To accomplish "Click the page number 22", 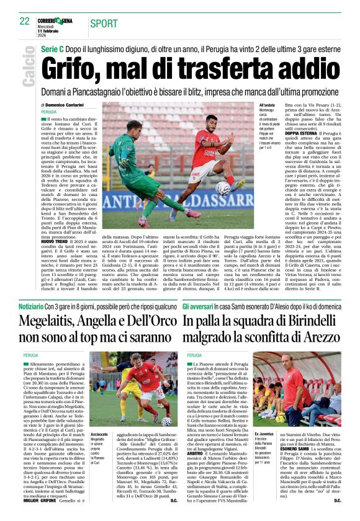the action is tap(24, 20).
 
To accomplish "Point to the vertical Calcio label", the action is tap(27, 68).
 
